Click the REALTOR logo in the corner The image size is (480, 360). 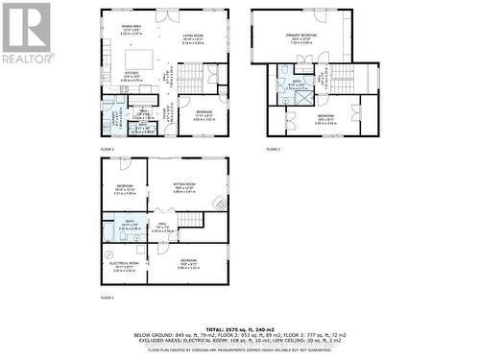(27, 34)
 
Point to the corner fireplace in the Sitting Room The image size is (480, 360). (222, 203)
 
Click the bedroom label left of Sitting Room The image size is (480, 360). (126, 187)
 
